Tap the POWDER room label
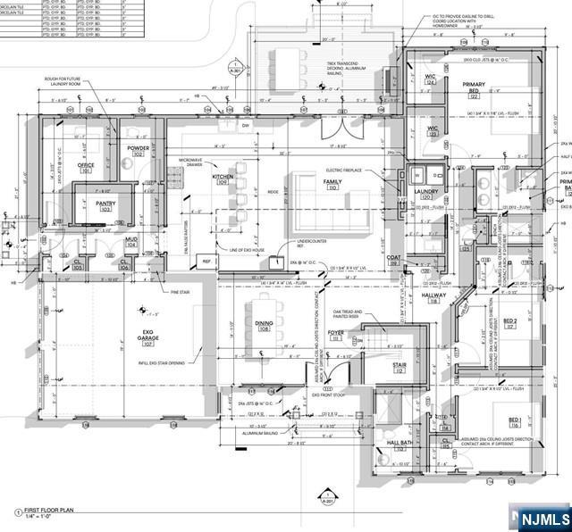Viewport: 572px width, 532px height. click(138, 148)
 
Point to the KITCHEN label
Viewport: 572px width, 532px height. click(223, 178)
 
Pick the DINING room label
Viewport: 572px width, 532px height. click(264, 324)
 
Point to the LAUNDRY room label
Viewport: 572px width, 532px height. click(425, 191)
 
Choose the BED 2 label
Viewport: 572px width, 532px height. click(510, 321)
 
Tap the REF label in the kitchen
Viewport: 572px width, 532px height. click(206, 262)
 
